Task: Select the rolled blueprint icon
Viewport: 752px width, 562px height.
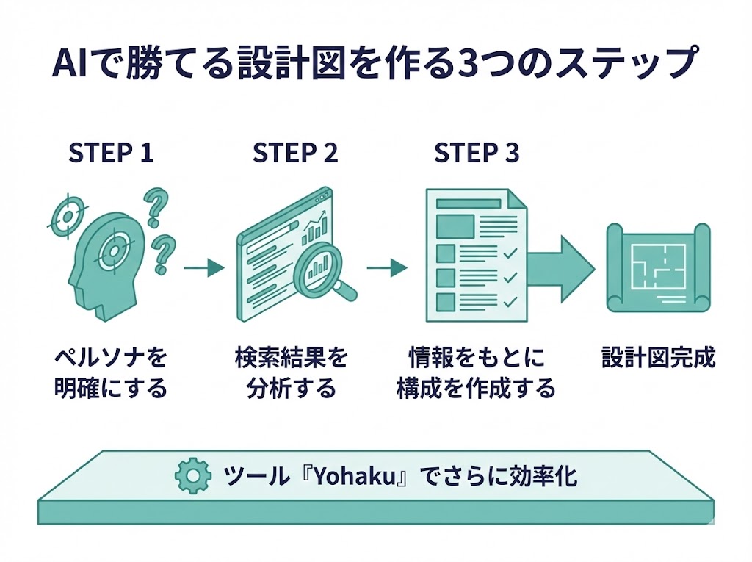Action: [x=657, y=268]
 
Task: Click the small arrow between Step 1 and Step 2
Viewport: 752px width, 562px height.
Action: [x=203, y=268]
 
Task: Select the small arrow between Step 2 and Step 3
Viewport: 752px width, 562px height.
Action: [x=387, y=268]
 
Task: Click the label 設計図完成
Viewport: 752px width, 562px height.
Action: [x=658, y=359]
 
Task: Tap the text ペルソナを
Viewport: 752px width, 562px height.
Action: [x=111, y=359]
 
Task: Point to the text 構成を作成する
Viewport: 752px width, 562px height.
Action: [x=476, y=388]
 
